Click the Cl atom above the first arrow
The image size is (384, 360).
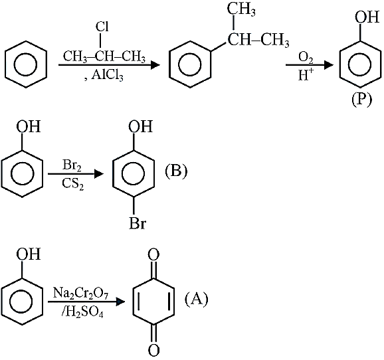tap(102, 27)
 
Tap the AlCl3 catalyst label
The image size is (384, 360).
tap(107, 75)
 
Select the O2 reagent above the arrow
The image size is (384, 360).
tap(306, 58)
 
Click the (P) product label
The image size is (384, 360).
tap(361, 100)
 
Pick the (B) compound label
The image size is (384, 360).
tap(176, 171)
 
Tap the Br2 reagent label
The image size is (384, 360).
tap(72, 165)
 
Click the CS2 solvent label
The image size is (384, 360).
tap(72, 184)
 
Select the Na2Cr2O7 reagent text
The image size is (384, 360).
tap(81, 293)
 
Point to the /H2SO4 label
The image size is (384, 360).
tap(82, 312)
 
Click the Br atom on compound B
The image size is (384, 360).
tap(138, 223)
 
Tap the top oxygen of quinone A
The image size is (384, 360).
tap(153, 254)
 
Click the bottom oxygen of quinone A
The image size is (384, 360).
tap(153, 350)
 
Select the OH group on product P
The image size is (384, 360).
tap(367, 17)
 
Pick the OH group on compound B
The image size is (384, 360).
tap(140, 126)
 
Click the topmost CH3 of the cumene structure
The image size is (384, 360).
tap(241, 10)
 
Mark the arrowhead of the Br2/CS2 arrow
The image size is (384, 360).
tap(99, 173)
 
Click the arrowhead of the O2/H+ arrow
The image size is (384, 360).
tap(328, 65)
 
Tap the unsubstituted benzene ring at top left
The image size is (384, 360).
tap(26, 64)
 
